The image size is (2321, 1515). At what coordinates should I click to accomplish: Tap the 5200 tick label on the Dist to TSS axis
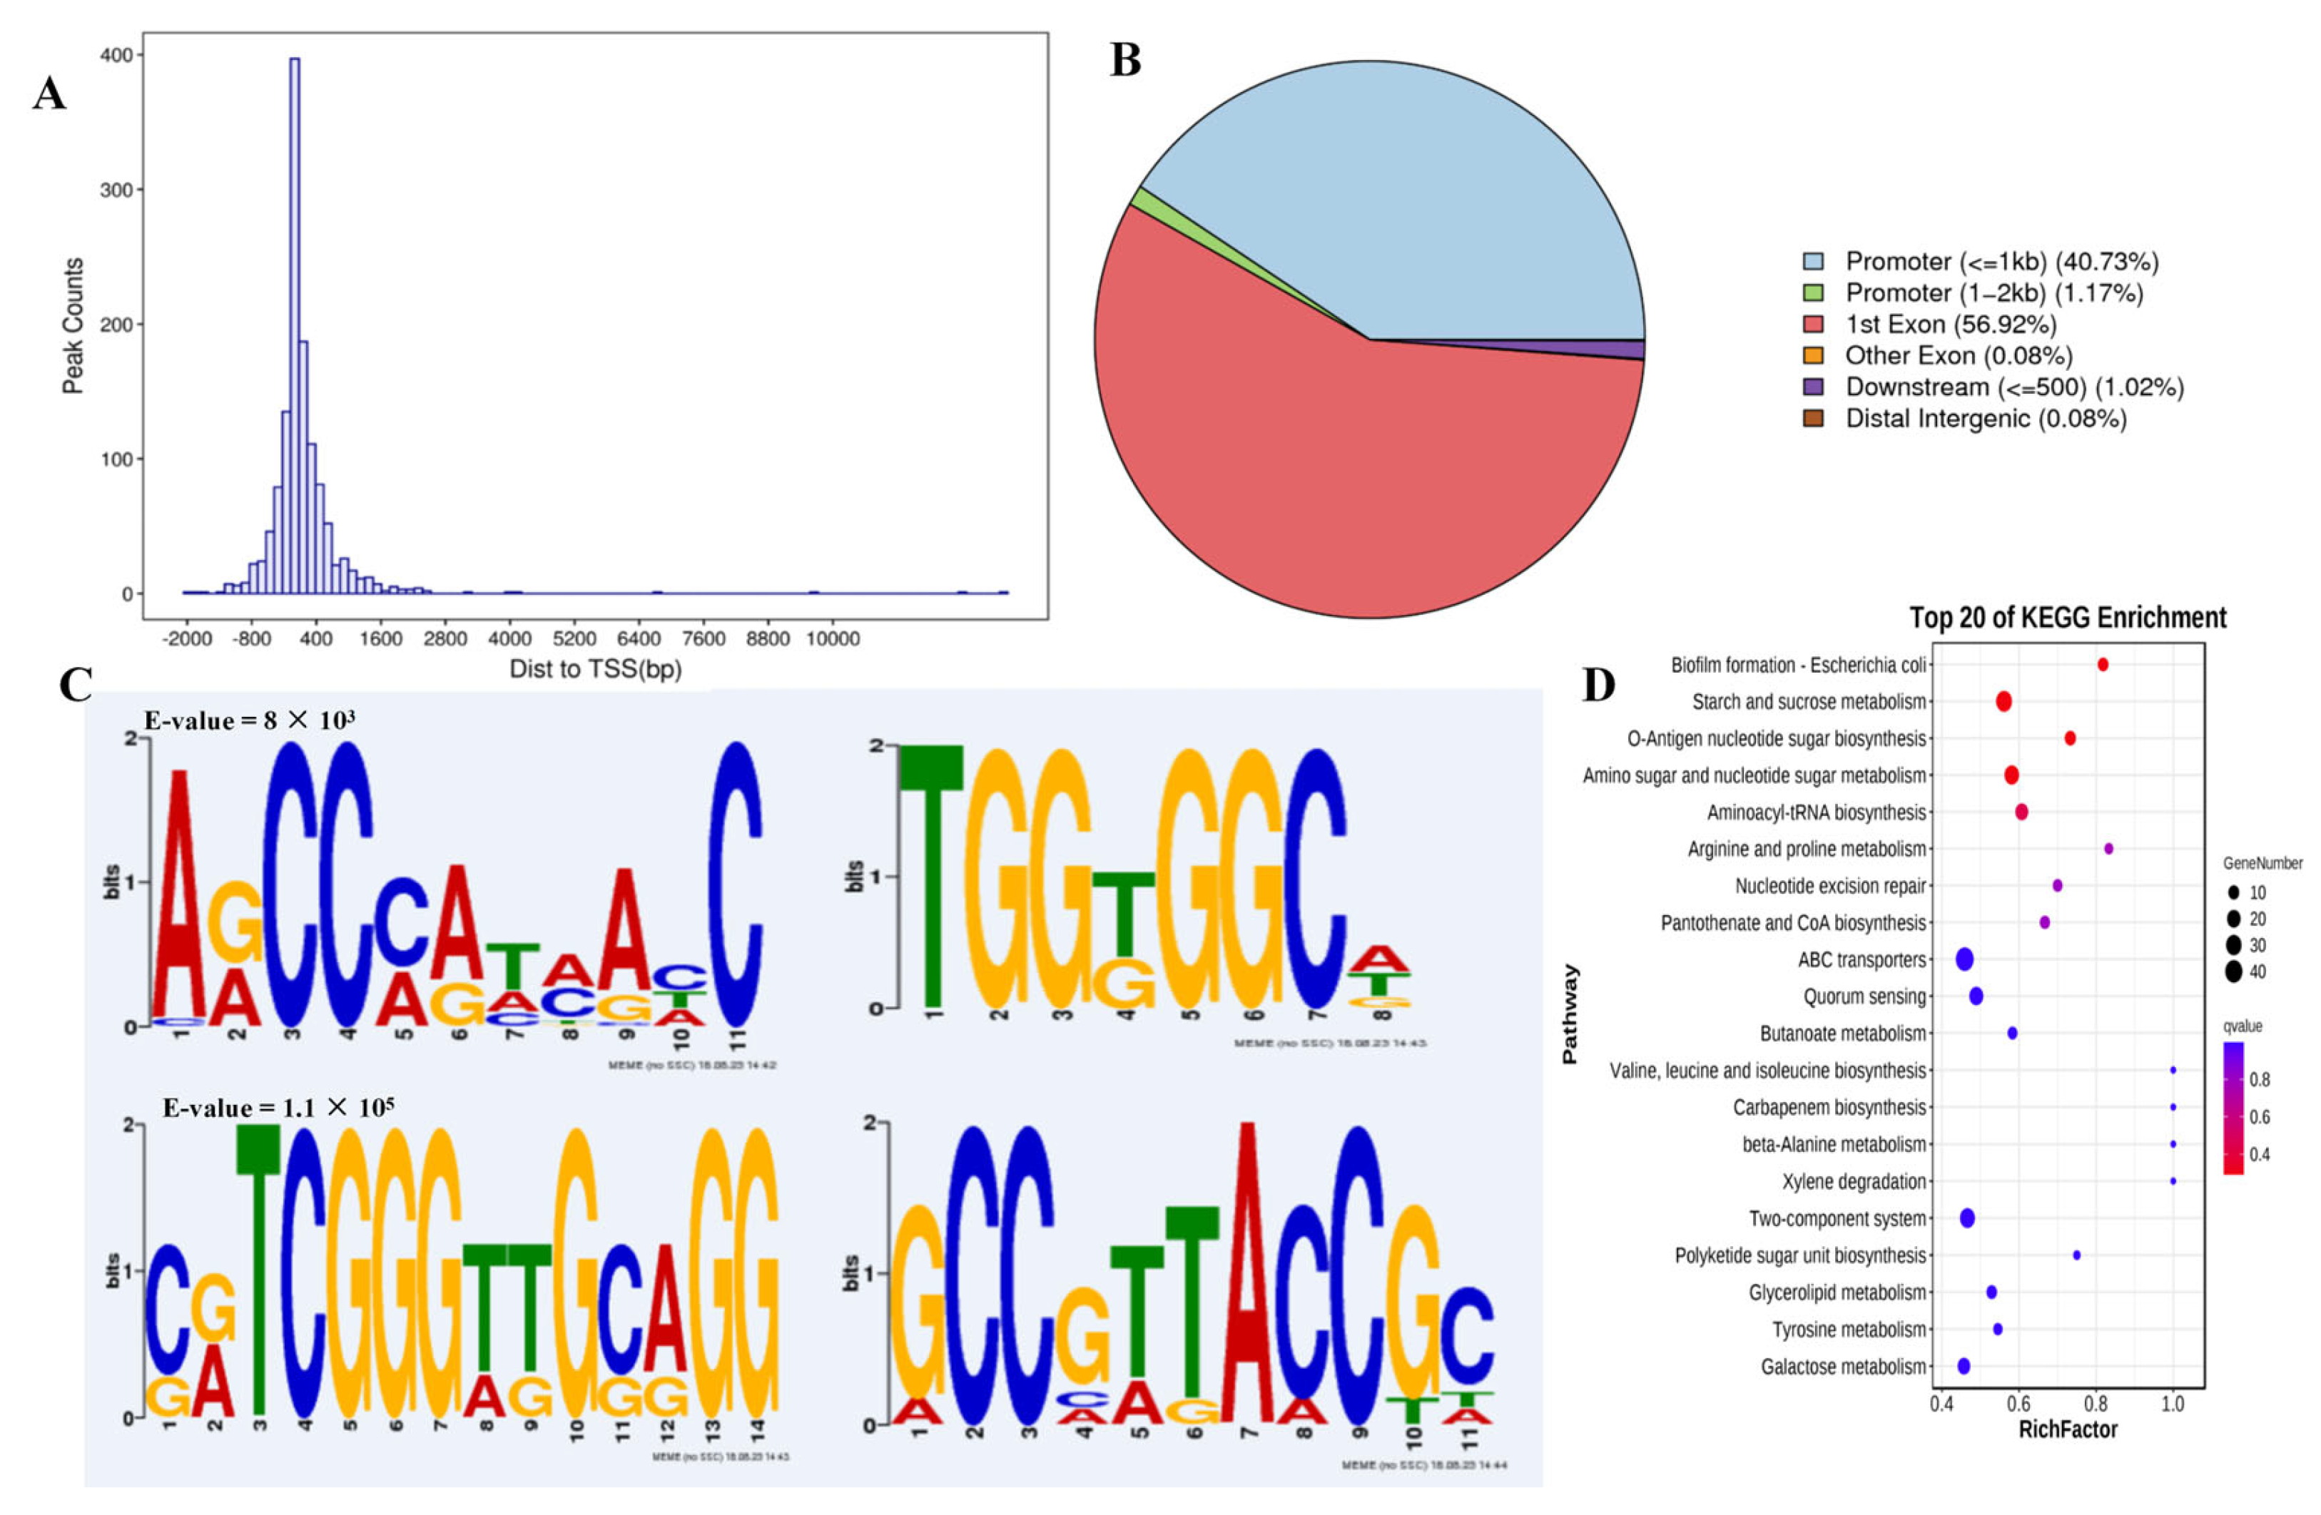point(574,638)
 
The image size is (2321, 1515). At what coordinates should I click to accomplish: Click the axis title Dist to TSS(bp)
point(595,669)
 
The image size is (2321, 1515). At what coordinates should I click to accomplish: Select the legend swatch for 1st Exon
point(1813,325)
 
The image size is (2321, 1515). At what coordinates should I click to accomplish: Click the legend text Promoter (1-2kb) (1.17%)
point(1994,292)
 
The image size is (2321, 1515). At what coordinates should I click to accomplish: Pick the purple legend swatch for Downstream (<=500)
point(1813,387)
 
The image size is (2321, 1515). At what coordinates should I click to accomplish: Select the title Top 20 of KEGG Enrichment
point(2068,618)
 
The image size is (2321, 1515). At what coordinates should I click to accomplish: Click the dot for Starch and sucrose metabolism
point(2004,701)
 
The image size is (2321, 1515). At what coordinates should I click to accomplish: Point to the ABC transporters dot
point(1965,959)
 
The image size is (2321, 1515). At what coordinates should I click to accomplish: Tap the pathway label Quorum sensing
point(1864,996)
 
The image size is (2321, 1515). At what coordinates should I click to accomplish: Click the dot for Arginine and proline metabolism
point(2108,848)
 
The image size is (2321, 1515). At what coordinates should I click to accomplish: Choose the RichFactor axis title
point(2068,1429)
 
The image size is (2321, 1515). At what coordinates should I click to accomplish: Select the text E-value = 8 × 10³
point(250,720)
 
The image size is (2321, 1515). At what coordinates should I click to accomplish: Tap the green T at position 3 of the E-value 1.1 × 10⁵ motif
point(258,1267)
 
